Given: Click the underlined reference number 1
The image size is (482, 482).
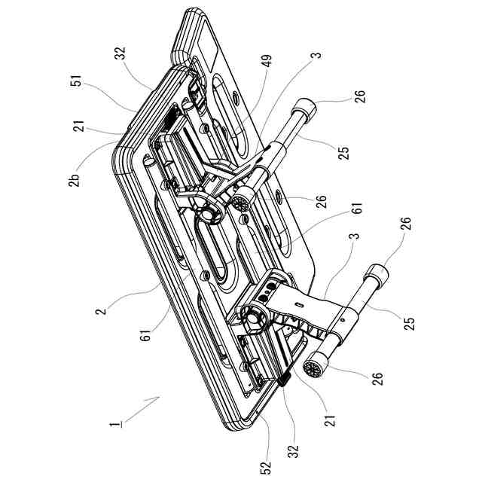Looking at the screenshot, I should (x=114, y=424).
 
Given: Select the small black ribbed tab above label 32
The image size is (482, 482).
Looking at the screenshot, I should (x=284, y=381).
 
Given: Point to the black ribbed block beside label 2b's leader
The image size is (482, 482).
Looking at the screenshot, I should (x=170, y=117).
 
